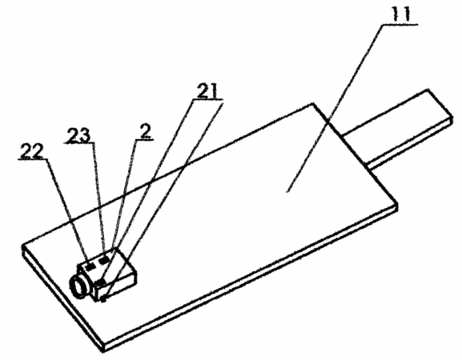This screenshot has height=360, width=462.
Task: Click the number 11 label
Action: point(400,14)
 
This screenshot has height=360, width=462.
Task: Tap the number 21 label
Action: point(207,91)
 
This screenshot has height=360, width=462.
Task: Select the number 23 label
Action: point(78,135)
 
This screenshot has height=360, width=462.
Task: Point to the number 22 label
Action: point(32,151)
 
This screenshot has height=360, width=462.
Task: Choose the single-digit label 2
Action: point(146,131)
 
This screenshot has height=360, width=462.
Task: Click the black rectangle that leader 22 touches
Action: point(90,266)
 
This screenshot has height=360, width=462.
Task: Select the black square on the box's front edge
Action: point(100,283)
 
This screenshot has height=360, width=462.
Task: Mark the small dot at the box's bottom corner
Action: point(102,300)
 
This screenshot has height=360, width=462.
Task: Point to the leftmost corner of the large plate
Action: point(22,245)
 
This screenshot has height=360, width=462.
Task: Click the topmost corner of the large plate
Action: point(313,103)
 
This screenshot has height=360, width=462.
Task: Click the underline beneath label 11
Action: point(400,25)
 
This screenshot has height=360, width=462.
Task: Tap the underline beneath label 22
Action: point(32,159)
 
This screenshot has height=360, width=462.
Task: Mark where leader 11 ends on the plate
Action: point(287,192)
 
